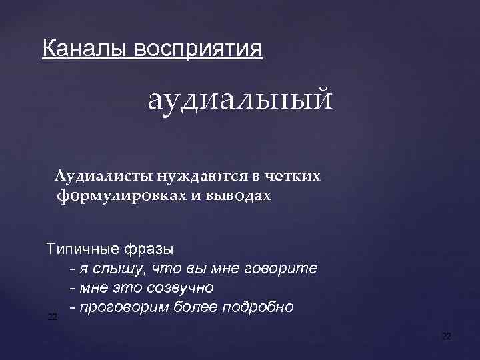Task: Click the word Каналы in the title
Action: pyautogui.click(x=85, y=49)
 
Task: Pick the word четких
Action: pyautogui.click(x=293, y=177)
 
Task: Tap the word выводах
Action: pyautogui.click(x=243, y=196)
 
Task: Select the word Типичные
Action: pyautogui.click(x=81, y=250)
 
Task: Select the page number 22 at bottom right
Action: pyautogui.click(x=447, y=337)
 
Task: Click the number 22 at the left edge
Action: pyautogui.click(x=52, y=317)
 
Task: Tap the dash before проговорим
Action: pyautogui.click(x=71, y=307)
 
